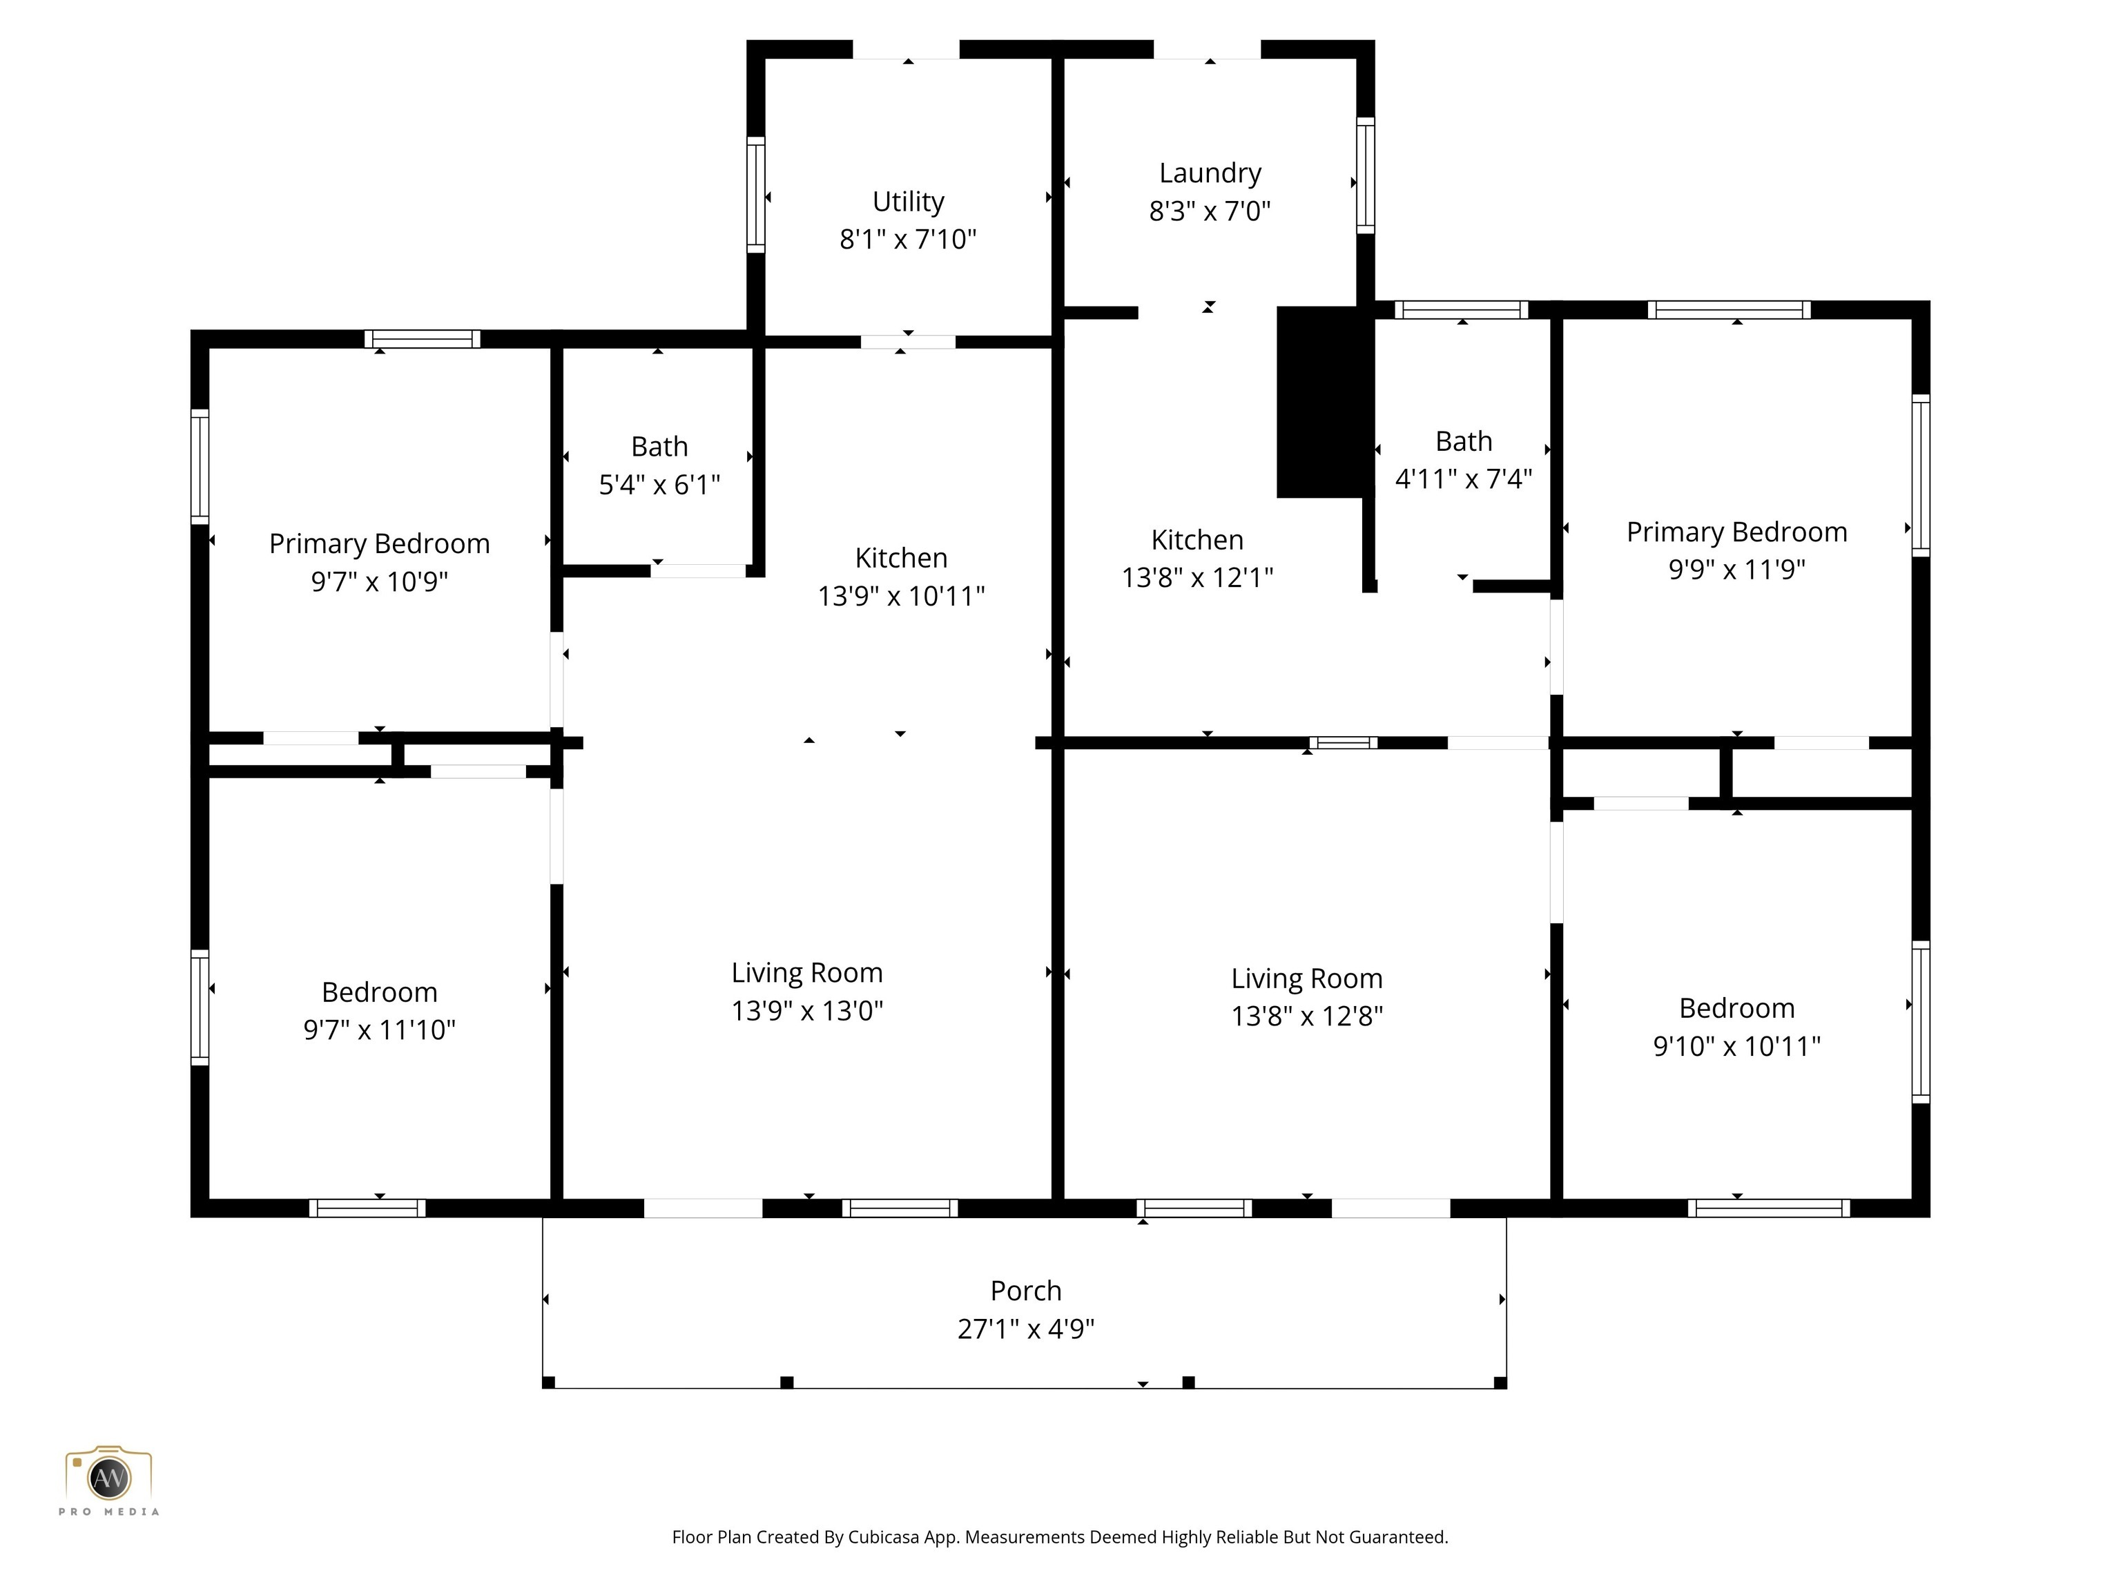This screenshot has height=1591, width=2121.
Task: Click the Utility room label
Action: pyautogui.click(x=907, y=202)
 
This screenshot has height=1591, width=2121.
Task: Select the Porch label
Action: pyautogui.click(x=1025, y=1290)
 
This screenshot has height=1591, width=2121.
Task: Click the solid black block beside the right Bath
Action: pyautogui.click(x=1320, y=403)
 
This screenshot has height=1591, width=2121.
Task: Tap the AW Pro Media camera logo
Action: pyautogui.click(x=108, y=1477)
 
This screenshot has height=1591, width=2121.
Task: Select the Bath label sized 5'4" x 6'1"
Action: pyautogui.click(x=659, y=447)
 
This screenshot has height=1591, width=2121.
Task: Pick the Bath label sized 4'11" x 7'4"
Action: pyautogui.click(x=1463, y=441)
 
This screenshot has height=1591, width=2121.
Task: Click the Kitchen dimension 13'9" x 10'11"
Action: pyautogui.click(x=900, y=597)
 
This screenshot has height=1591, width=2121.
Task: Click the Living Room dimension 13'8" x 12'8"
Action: pyautogui.click(x=1306, y=1016)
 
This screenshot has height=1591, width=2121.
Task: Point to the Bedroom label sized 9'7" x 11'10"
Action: pyautogui.click(x=379, y=992)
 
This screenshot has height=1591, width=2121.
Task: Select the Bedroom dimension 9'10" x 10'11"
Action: pyautogui.click(x=1736, y=1046)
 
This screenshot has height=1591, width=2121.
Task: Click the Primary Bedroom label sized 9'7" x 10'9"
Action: pyautogui.click(x=379, y=543)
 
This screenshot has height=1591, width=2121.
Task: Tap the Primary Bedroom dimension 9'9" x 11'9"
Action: pyautogui.click(x=1736, y=570)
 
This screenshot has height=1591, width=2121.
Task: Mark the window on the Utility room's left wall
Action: pyautogui.click(x=755, y=195)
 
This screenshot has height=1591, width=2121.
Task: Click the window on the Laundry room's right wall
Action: pyautogui.click(x=1366, y=175)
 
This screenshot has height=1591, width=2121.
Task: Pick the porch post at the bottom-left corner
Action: pyautogui.click(x=548, y=1382)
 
